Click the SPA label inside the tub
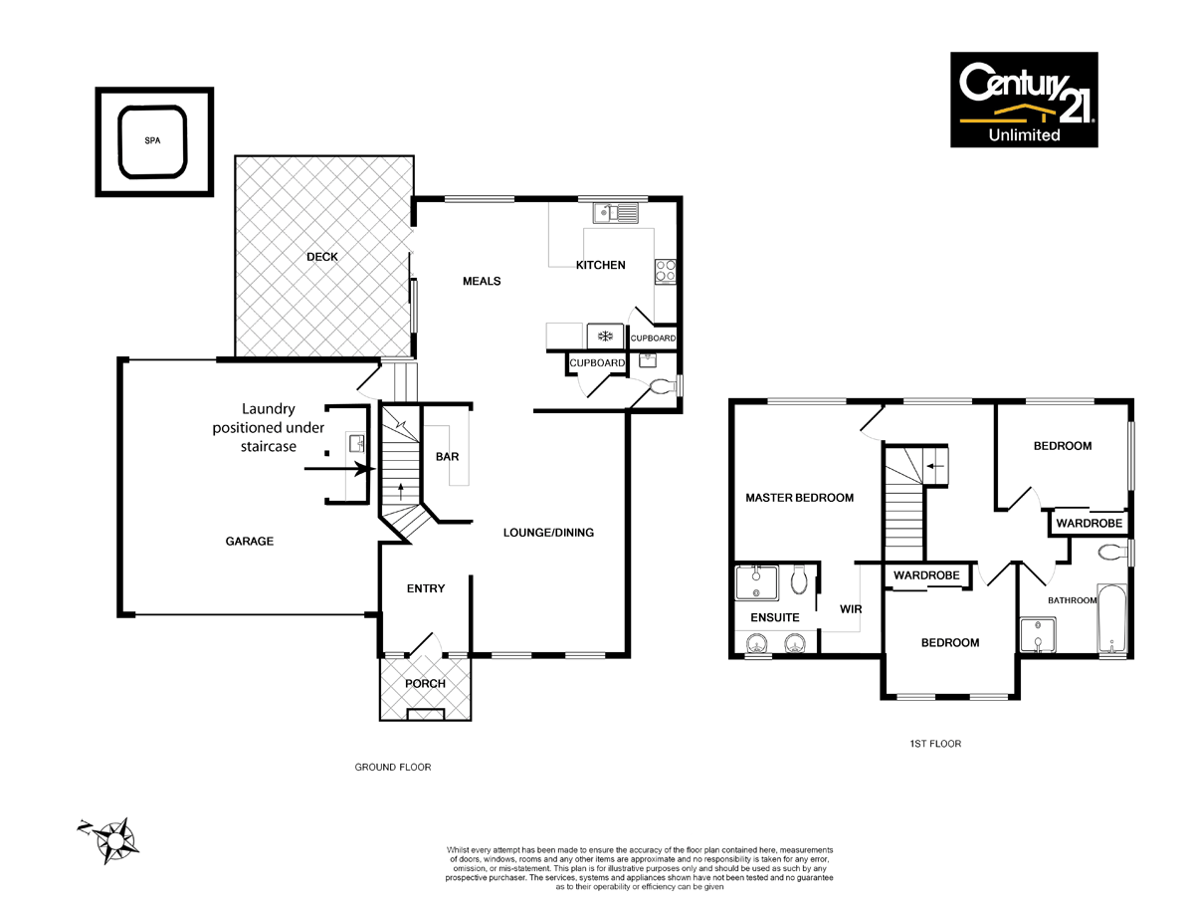click(x=152, y=140)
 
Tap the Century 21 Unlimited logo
click(x=1024, y=100)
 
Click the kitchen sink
click(x=616, y=211)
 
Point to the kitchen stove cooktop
click(x=665, y=270)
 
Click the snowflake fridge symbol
click(x=605, y=336)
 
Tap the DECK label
click(x=321, y=257)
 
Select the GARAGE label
click(x=249, y=542)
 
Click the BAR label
click(x=447, y=457)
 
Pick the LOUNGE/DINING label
click(x=547, y=533)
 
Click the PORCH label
click(x=425, y=684)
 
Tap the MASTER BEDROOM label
click(x=799, y=498)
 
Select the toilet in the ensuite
click(x=799, y=579)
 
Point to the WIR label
click(x=850, y=608)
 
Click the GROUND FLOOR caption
click(x=393, y=768)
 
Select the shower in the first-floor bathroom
click(x=1037, y=635)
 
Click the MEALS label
click(x=482, y=281)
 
